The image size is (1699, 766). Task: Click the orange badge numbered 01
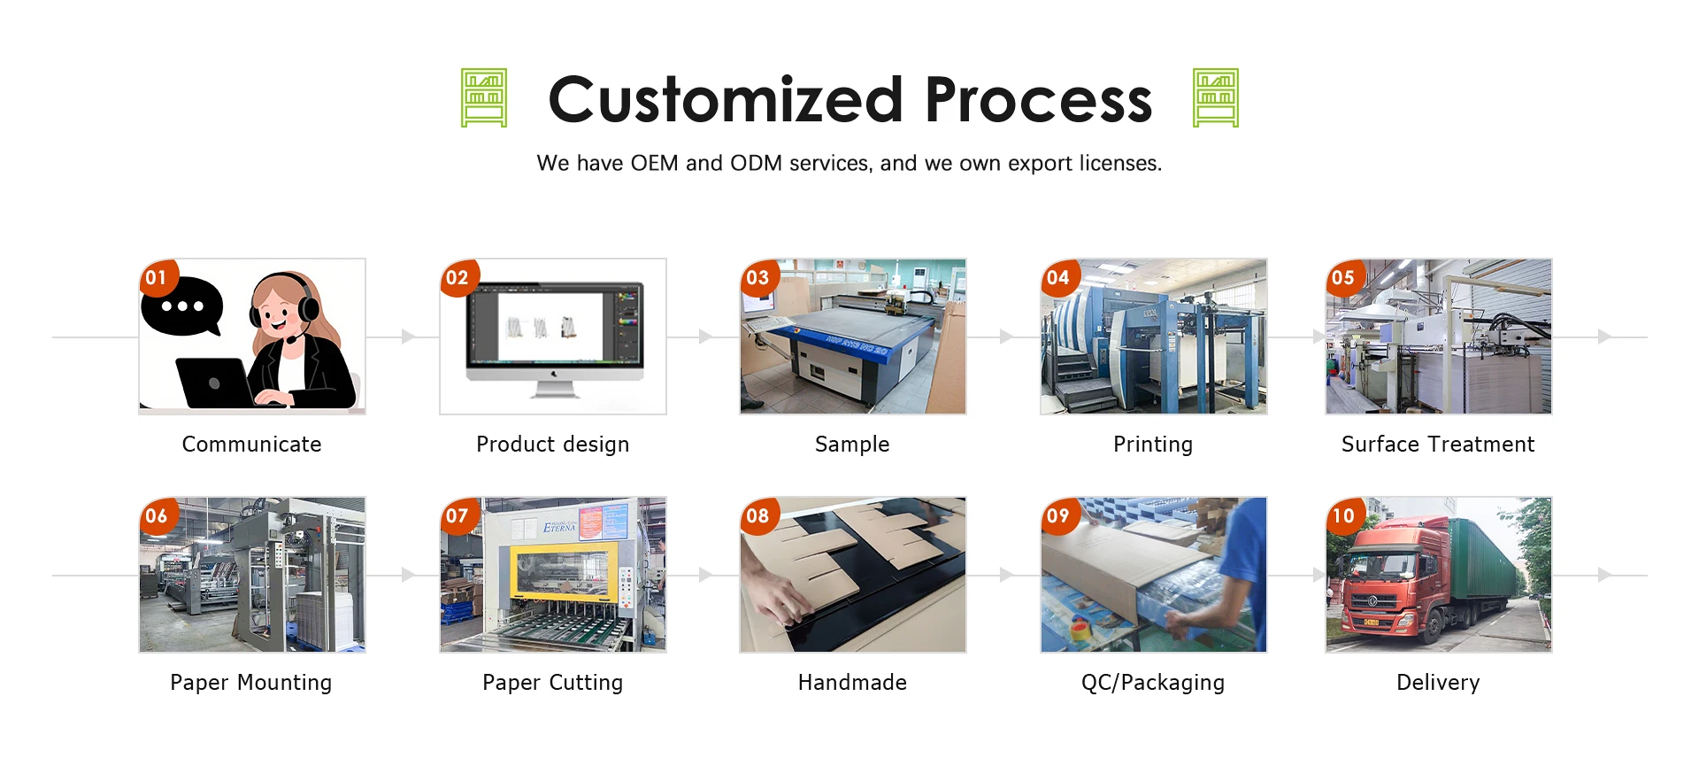click(157, 277)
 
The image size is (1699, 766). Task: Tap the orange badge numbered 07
click(457, 515)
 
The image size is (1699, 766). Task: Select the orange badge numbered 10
click(1343, 515)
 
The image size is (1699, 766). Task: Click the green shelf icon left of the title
click(484, 98)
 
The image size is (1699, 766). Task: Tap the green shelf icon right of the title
click(1216, 98)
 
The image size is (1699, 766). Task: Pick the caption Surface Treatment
click(1438, 445)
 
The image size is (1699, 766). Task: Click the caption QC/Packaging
click(1153, 683)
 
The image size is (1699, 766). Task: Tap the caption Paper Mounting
click(251, 683)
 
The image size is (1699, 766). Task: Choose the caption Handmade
click(852, 683)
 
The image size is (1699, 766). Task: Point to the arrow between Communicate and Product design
click(408, 337)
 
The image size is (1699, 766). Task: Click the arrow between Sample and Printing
click(1006, 337)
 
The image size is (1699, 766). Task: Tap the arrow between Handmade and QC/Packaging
click(1006, 575)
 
